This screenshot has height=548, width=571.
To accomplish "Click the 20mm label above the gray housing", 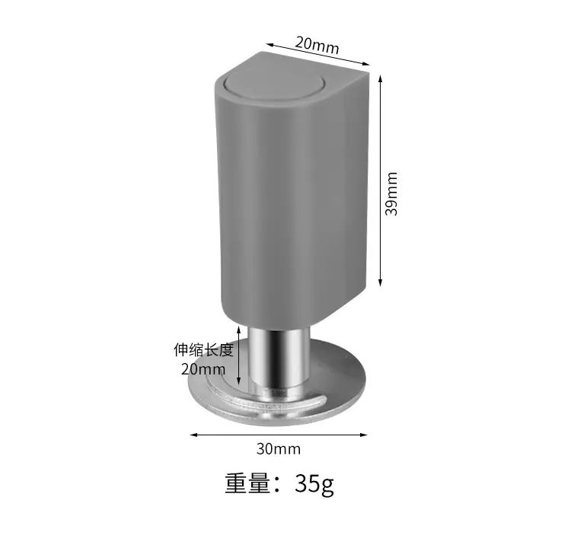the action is [317, 45].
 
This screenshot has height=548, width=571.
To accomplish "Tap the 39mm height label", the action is [391, 194].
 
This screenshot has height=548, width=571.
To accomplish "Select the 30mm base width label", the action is [279, 448].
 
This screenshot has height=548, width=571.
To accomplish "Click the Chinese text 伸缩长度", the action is [203, 349].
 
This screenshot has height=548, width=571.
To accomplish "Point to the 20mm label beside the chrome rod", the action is [203, 369].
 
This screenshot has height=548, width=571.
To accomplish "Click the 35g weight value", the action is [314, 484].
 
